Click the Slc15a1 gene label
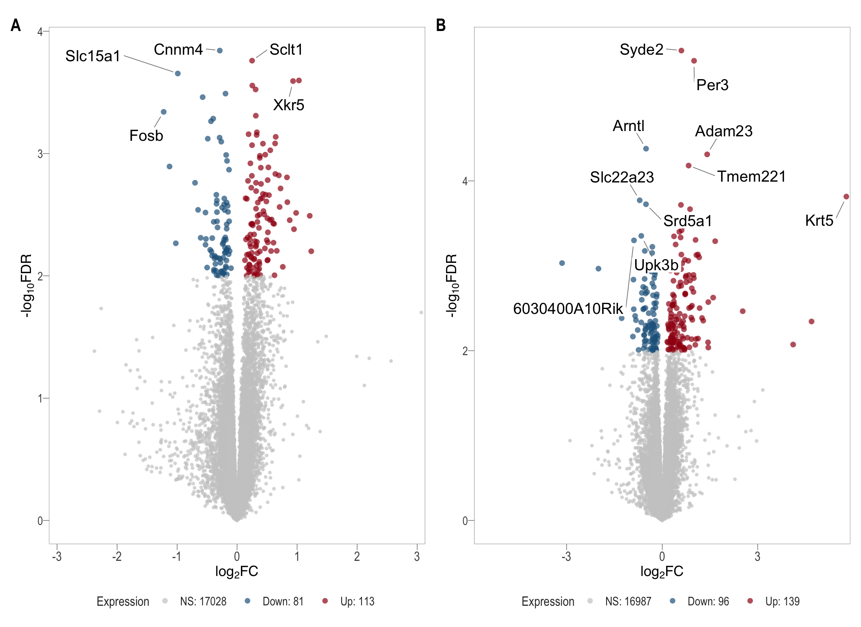(93, 56)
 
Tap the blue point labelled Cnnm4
(220, 51)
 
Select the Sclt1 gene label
(286, 50)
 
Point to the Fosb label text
(146, 136)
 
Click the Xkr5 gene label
(289, 105)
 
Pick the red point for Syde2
(681, 51)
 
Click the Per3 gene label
(712, 85)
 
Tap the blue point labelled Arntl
(646, 149)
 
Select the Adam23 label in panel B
(724, 131)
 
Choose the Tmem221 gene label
(751, 176)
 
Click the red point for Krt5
(846, 197)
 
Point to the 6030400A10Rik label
(568, 309)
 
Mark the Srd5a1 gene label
(687, 221)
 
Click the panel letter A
(15, 25)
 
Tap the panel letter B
(441, 25)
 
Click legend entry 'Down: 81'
(283, 601)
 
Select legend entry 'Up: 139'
(782, 601)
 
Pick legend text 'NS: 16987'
(628, 601)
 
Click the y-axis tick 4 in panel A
(40, 31)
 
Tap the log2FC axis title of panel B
(662, 571)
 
